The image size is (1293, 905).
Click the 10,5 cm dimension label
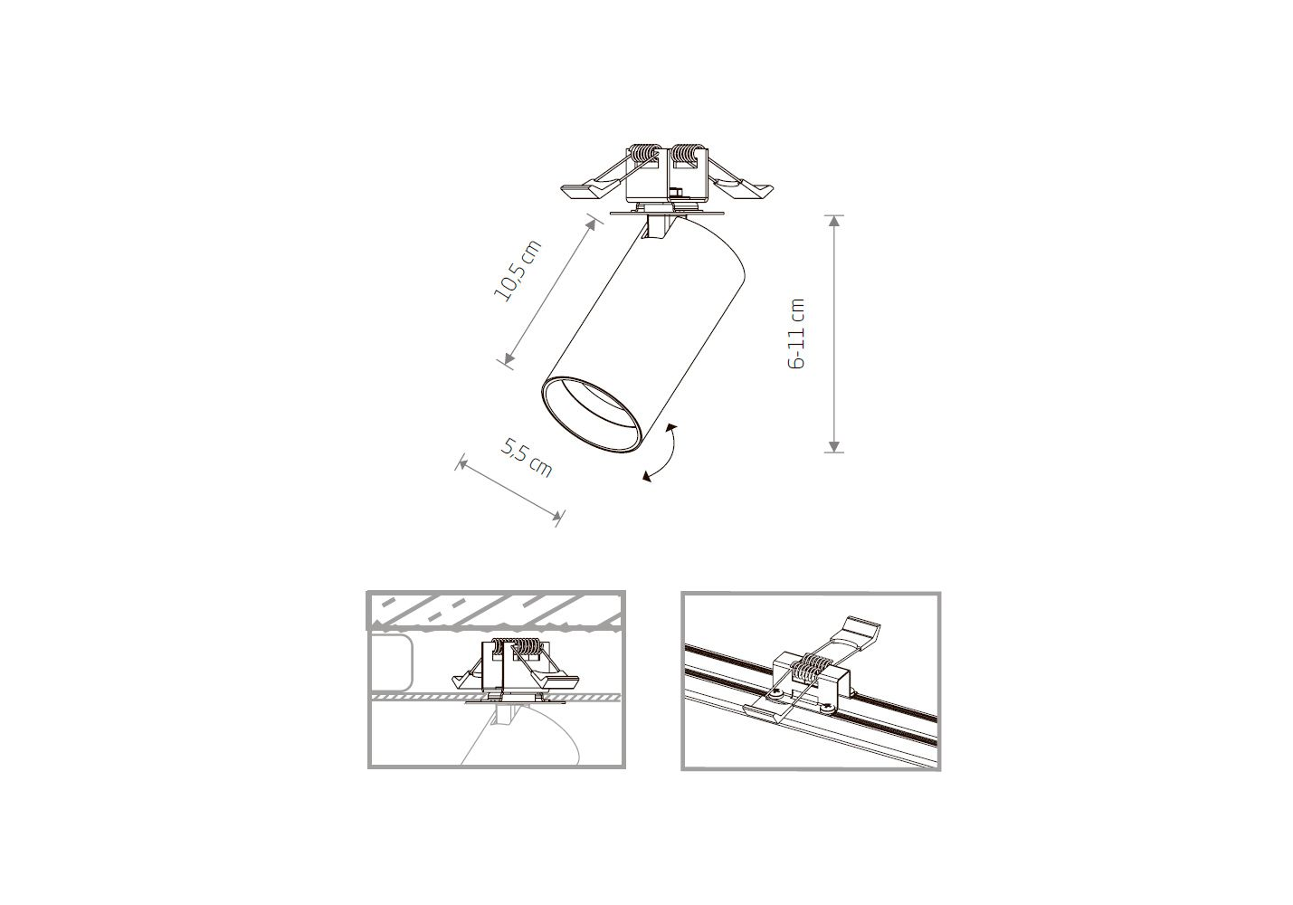(x=518, y=270)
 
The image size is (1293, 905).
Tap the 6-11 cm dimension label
(x=796, y=334)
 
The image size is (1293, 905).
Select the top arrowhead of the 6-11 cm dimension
(x=833, y=221)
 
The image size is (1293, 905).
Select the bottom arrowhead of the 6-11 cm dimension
(x=833, y=446)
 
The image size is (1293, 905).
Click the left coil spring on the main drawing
(x=643, y=154)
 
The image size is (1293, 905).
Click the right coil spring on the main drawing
(x=688, y=154)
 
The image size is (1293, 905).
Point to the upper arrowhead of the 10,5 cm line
(x=591, y=224)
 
